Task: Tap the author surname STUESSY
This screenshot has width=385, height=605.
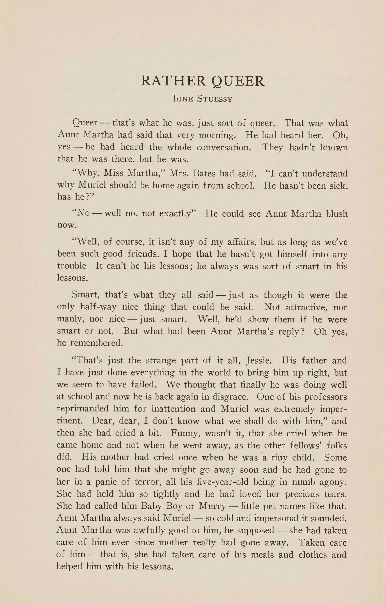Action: (x=215, y=99)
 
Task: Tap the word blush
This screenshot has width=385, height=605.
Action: (x=337, y=214)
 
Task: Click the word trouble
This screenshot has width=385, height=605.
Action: (x=72, y=266)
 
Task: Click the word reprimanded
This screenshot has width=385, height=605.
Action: (x=83, y=409)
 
